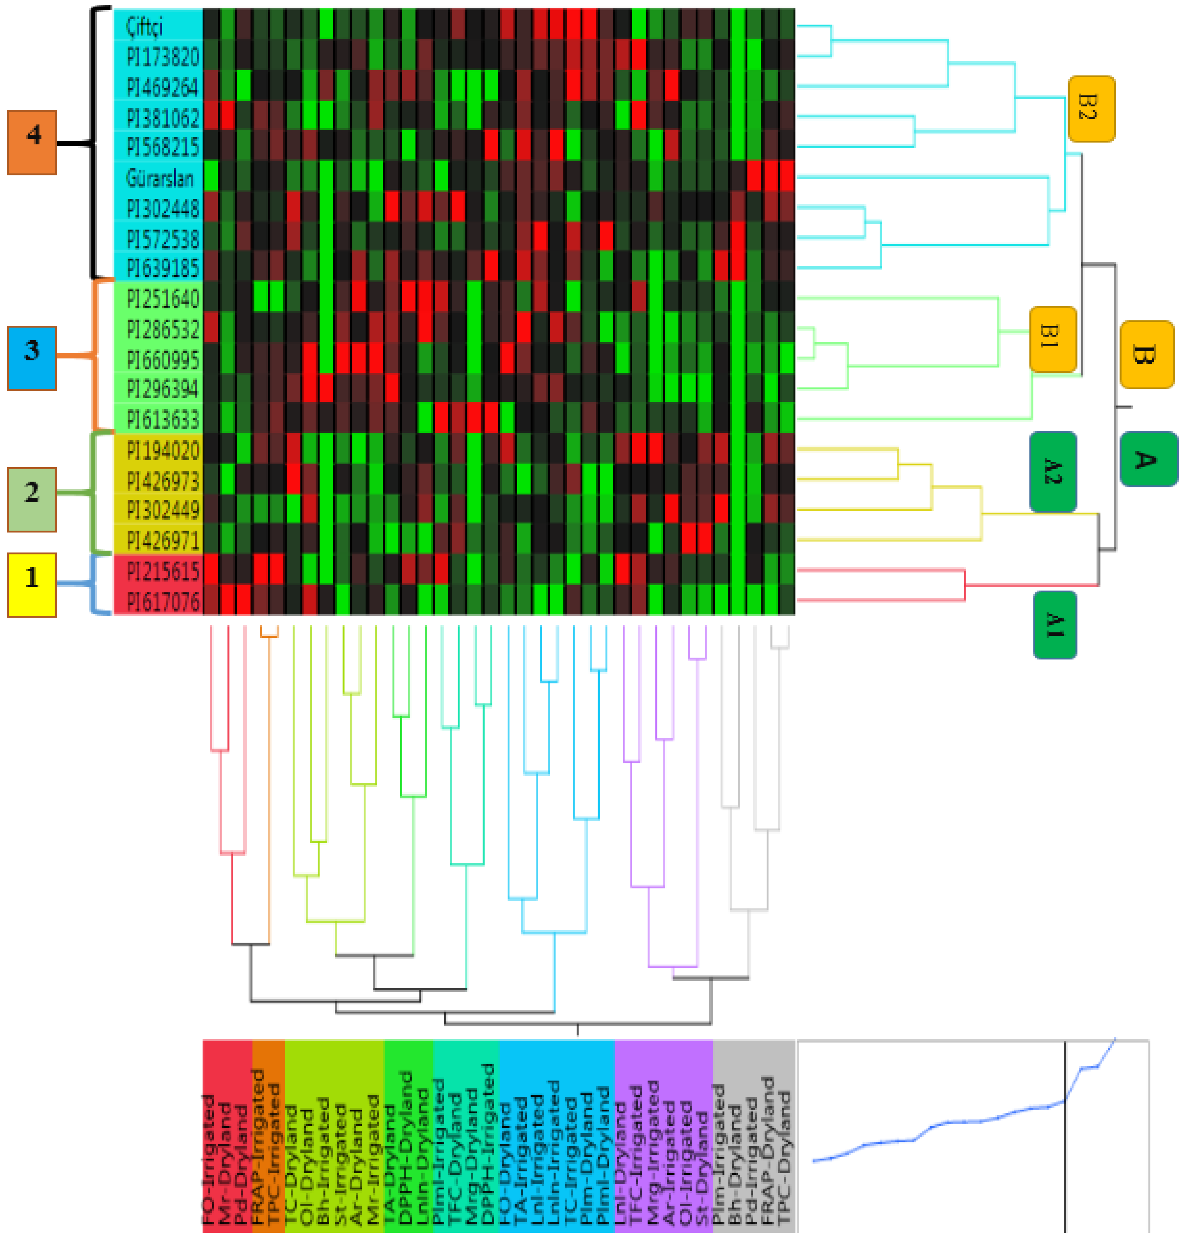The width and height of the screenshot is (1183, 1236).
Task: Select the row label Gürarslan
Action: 159,179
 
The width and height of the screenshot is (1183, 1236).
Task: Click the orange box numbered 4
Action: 32,143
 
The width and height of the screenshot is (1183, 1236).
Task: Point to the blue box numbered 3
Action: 32,358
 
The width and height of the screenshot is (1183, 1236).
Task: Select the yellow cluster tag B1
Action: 1052,339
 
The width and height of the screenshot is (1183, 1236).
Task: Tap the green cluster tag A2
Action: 1052,471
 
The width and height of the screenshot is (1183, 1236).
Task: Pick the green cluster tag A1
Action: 1055,624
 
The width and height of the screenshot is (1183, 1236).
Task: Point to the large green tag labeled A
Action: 1148,459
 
